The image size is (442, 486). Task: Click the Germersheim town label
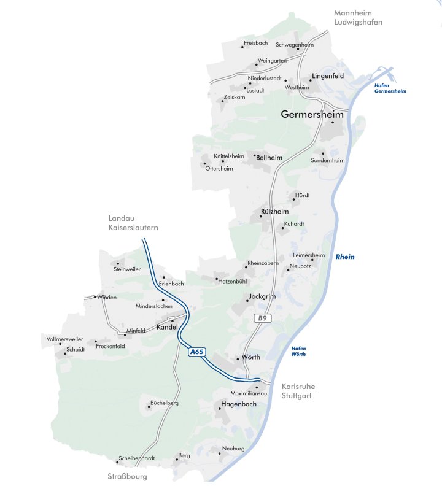click(x=312, y=114)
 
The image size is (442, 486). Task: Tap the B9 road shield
click(x=263, y=318)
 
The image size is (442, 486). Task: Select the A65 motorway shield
click(x=197, y=352)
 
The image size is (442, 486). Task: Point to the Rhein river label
click(x=344, y=256)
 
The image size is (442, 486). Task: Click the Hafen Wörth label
click(x=298, y=351)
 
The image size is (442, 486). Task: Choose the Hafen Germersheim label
click(x=390, y=88)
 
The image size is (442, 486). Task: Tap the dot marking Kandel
click(x=173, y=321)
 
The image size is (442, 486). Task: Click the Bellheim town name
click(x=269, y=158)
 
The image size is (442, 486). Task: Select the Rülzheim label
click(x=274, y=211)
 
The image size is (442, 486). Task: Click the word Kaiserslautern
click(x=133, y=227)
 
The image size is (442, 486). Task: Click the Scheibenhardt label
click(x=136, y=458)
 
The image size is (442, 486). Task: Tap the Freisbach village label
click(x=256, y=44)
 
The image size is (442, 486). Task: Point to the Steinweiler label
click(x=127, y=269)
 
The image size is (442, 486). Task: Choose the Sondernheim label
click(x=328, y=160)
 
